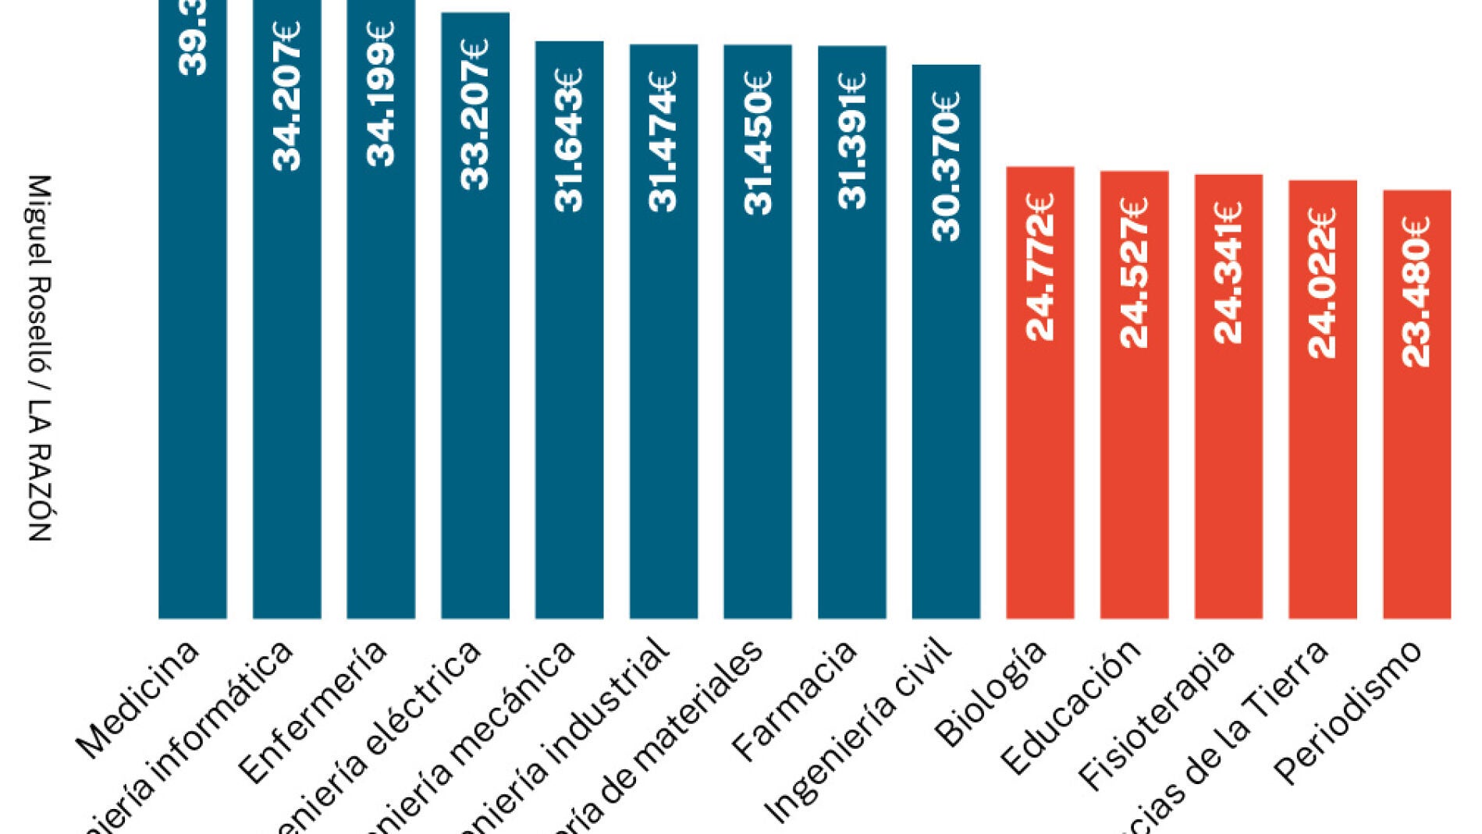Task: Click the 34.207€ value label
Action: (286, 96)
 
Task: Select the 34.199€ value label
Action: (381, 94)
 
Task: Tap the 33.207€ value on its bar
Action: (474, 114)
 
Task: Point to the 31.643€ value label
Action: (569, 140)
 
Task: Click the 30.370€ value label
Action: (946, 166)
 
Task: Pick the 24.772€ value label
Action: (1040, 267)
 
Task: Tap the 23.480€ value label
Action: (1416, 291)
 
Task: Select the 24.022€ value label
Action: (1323, 282)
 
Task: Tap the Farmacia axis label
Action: (794, 700)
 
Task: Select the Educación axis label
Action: (1071, 706)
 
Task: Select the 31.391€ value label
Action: (851, 140)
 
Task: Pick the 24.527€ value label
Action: (1134, 272)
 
